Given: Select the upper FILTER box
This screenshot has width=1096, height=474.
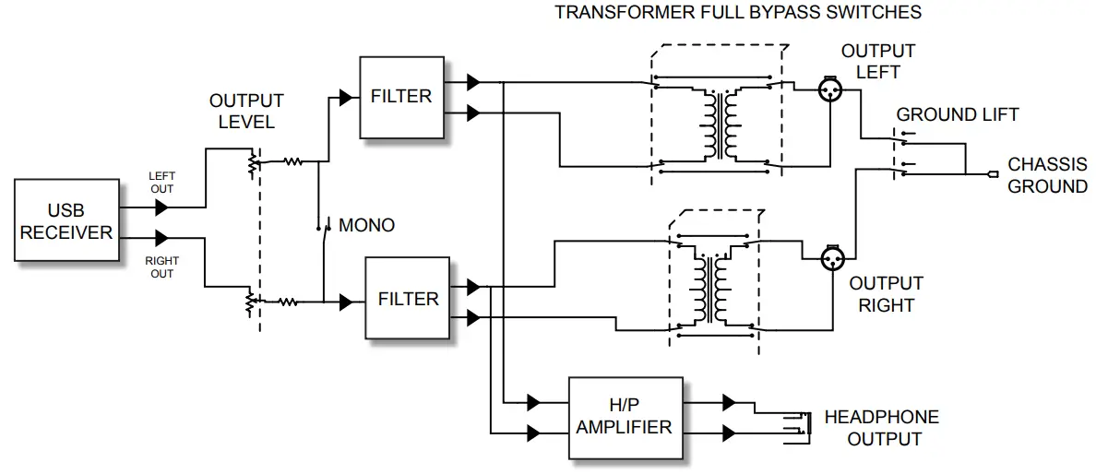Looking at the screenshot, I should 400,97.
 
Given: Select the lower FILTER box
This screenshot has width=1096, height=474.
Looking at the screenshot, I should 408,299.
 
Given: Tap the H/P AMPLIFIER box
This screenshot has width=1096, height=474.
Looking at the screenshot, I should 625,417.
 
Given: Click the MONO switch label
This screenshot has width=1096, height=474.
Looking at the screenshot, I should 366,225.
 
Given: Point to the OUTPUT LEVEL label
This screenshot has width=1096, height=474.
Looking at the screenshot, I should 246,111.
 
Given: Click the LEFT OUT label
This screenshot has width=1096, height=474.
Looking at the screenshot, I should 161,182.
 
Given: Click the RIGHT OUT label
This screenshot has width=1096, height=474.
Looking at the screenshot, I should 161,267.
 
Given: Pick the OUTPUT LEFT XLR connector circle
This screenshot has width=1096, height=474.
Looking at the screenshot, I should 832,89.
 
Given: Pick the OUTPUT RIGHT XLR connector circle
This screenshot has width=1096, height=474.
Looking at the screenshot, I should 834,259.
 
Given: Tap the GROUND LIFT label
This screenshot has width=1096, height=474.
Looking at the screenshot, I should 958,115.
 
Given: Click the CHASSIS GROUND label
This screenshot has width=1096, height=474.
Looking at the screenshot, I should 1047,175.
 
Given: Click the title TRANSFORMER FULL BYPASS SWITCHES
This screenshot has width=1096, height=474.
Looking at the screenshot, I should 737,13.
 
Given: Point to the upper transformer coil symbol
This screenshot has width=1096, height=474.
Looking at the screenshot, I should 720,124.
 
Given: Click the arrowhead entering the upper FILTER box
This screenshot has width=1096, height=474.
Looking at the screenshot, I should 346,97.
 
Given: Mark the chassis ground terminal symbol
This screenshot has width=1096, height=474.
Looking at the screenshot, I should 992,173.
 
